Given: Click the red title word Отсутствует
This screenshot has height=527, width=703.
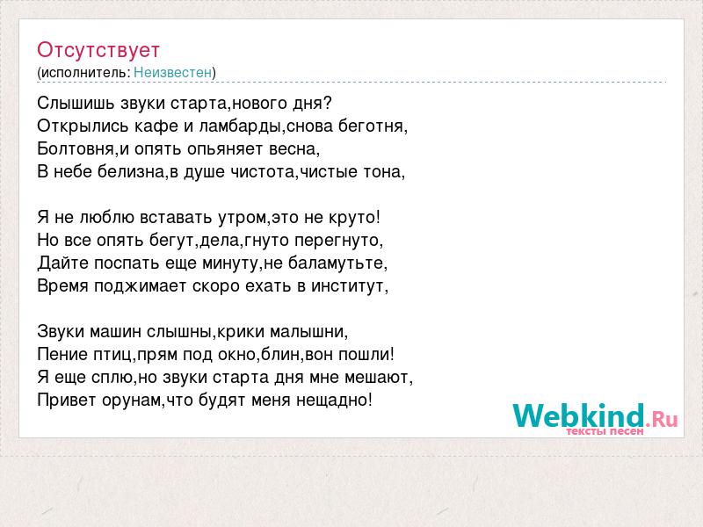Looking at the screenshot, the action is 98,50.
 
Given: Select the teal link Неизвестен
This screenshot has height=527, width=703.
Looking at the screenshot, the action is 172,72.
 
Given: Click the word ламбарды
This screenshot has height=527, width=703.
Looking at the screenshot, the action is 240,126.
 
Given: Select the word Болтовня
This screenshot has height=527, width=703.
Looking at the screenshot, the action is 76,148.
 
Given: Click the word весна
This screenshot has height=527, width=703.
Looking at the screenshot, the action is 292,149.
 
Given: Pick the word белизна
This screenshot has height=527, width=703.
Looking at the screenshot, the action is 131,172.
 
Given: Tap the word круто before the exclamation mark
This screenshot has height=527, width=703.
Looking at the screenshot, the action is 352,218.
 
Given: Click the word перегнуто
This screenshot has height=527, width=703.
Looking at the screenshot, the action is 337,241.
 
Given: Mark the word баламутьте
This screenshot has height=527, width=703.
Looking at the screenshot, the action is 336,263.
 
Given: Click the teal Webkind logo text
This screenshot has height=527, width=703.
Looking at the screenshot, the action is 578,415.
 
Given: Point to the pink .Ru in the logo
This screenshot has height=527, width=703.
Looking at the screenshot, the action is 662,419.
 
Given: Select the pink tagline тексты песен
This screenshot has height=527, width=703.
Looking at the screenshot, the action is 605,431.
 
